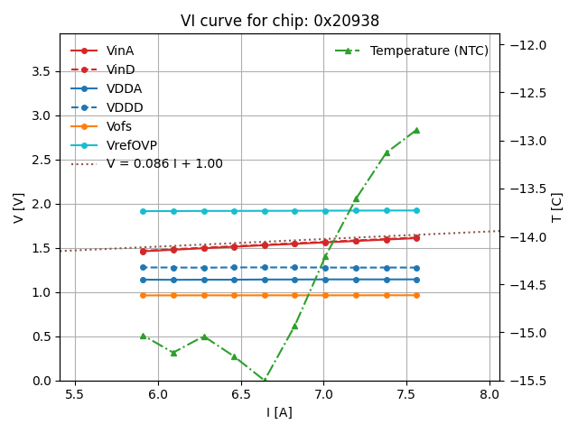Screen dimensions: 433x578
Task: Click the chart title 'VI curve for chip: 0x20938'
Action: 279,21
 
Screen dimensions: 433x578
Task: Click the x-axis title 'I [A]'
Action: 279,412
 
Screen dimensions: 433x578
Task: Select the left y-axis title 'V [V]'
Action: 19,207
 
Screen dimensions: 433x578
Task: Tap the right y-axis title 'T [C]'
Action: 557,207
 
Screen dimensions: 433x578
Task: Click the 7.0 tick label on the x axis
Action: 324,394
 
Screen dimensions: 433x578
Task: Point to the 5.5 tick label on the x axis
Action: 75,394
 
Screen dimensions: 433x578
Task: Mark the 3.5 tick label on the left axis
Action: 42,71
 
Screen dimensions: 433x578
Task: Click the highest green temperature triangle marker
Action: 416,130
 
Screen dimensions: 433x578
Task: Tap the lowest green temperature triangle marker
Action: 265,381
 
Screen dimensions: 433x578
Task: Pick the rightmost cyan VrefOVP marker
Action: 416,210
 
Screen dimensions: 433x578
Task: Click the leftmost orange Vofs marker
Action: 143,295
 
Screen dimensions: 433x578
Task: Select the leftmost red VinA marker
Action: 143,251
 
